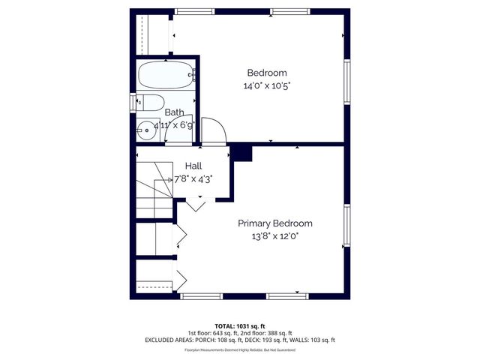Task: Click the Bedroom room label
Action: click(267, 73)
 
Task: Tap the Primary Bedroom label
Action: click(275, 223)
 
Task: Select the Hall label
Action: click(193, 166)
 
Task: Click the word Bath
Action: click(174, 112)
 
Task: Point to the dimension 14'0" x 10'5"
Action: click(267, 86)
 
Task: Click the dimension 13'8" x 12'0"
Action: click(275, 236)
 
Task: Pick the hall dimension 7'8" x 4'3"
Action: click(193, 179)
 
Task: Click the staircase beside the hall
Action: click(154, 187)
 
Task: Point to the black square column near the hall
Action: click(241, 152)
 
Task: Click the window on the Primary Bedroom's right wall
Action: click(346, 225)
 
